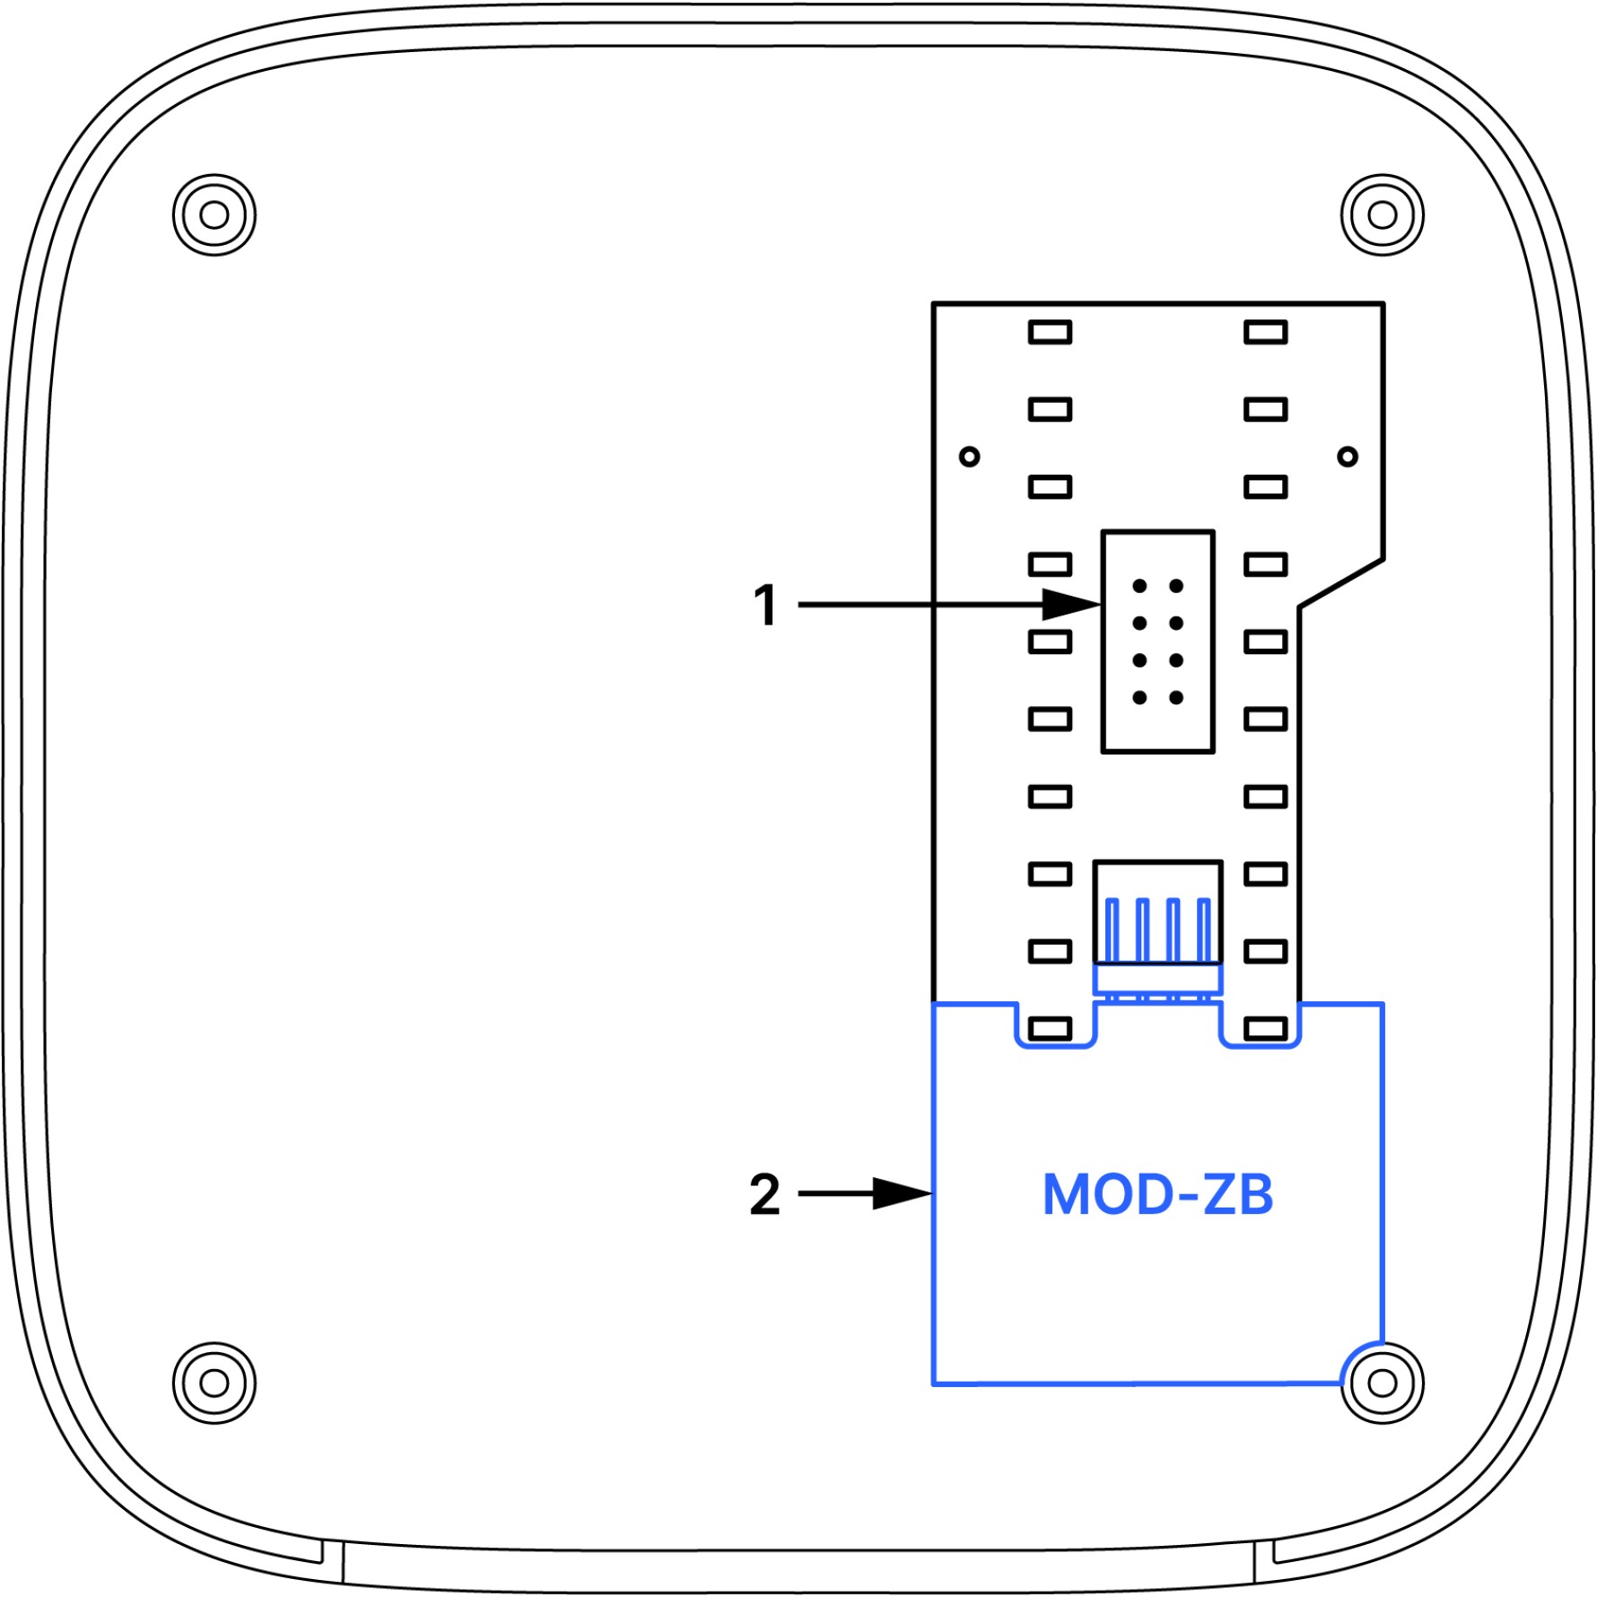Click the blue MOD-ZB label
coord(1157,1194)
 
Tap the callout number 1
coord(765,605)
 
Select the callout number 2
coord(764,1194)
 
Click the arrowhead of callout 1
coord(1077,605)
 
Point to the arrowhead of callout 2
coord(906,1194)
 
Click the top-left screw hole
coord(214,215)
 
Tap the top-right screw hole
coord(1382,215)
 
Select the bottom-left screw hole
coord(214,1383)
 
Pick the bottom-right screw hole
coord(1382,1383)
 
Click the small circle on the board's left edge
coord(970,457)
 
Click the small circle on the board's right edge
coord(1347,457)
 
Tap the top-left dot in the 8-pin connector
coord(1139,586)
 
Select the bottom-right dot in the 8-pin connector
coord(1176,697)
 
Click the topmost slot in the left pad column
coord(1050,333)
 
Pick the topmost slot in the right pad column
coord(1266,333)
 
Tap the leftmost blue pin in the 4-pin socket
coord(1113,930)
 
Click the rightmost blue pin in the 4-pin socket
coord(1203,930)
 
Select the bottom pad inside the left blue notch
coord(1050,1029)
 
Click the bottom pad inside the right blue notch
coord(1266,1029)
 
